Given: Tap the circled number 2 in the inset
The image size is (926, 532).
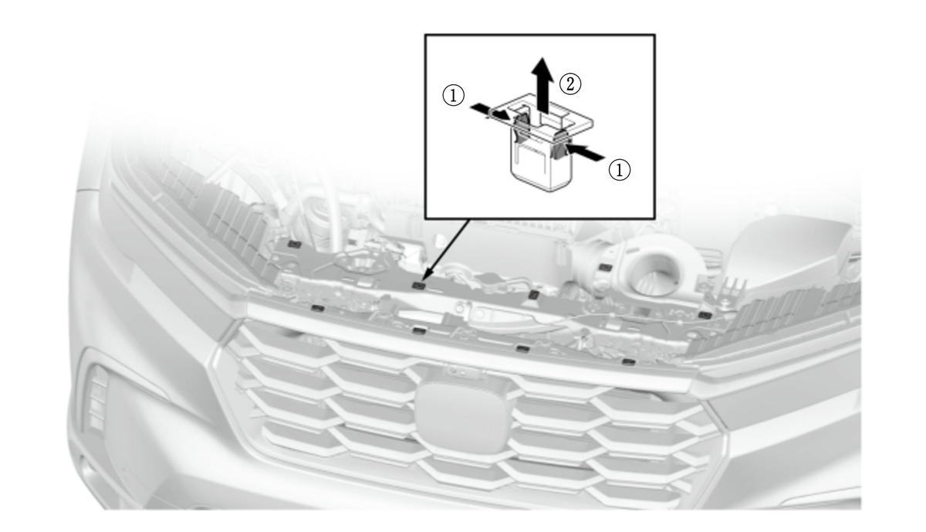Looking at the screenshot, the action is click(570, 84).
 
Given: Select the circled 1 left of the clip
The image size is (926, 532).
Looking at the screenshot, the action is click(454, 96).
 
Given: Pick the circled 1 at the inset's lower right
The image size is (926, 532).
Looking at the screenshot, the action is click(620, 170).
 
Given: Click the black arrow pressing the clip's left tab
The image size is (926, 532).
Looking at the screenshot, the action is click(492, 113).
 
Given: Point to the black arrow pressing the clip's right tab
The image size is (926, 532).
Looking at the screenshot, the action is click(585, 152).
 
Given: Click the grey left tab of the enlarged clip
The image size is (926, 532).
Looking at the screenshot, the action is click(522, 124).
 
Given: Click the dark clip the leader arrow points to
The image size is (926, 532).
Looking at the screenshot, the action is click(419, 286).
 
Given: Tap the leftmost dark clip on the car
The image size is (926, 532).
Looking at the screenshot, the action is click(294, 244).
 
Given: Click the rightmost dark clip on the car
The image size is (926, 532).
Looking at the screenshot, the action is click(705, 315).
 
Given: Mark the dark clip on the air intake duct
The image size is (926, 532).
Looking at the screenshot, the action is click(605, 267).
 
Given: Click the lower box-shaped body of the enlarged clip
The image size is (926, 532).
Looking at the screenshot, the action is click(539, 165).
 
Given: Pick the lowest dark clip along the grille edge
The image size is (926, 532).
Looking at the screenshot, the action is click(629, 363).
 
